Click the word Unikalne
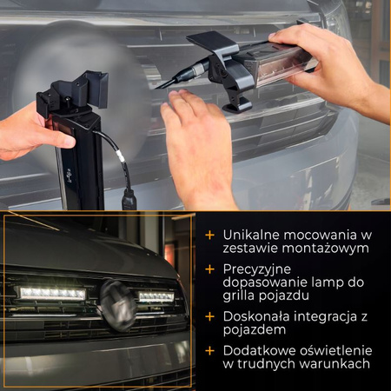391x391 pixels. tap(251, 235)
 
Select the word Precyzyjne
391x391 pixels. tap(257, 269)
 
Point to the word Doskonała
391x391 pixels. tap(256, 316)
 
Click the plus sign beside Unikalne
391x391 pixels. tap(209, 235)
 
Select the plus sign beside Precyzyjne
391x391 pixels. tap(209, 269)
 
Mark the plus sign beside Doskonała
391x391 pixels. tap(209, 316)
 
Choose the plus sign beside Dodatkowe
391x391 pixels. tap(209, 351)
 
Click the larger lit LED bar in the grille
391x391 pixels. tap(53, 294)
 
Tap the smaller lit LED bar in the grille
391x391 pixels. tap(156, 296)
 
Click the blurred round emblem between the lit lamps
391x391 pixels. tap(118, 306)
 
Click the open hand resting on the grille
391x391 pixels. tap(197, 145)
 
